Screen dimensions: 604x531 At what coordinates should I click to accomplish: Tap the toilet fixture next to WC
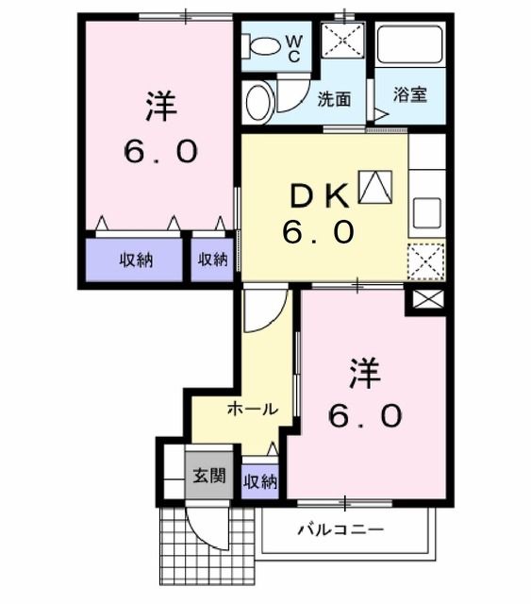coord(263,45)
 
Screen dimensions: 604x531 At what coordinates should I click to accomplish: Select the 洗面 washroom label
coord(334,96)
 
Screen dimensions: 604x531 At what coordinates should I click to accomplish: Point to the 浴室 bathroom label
coord(411,96)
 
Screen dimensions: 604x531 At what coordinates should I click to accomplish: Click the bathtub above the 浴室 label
coord(410,47)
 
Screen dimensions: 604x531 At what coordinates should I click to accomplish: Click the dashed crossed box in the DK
coord(426,260)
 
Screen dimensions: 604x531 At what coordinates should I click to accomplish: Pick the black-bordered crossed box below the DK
coord(425,303)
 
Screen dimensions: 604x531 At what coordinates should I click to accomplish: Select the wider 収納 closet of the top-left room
coord(136,260)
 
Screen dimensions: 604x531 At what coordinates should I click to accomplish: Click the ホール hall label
coord(252,410)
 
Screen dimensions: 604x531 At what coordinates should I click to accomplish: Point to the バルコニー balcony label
coord(340,529)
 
